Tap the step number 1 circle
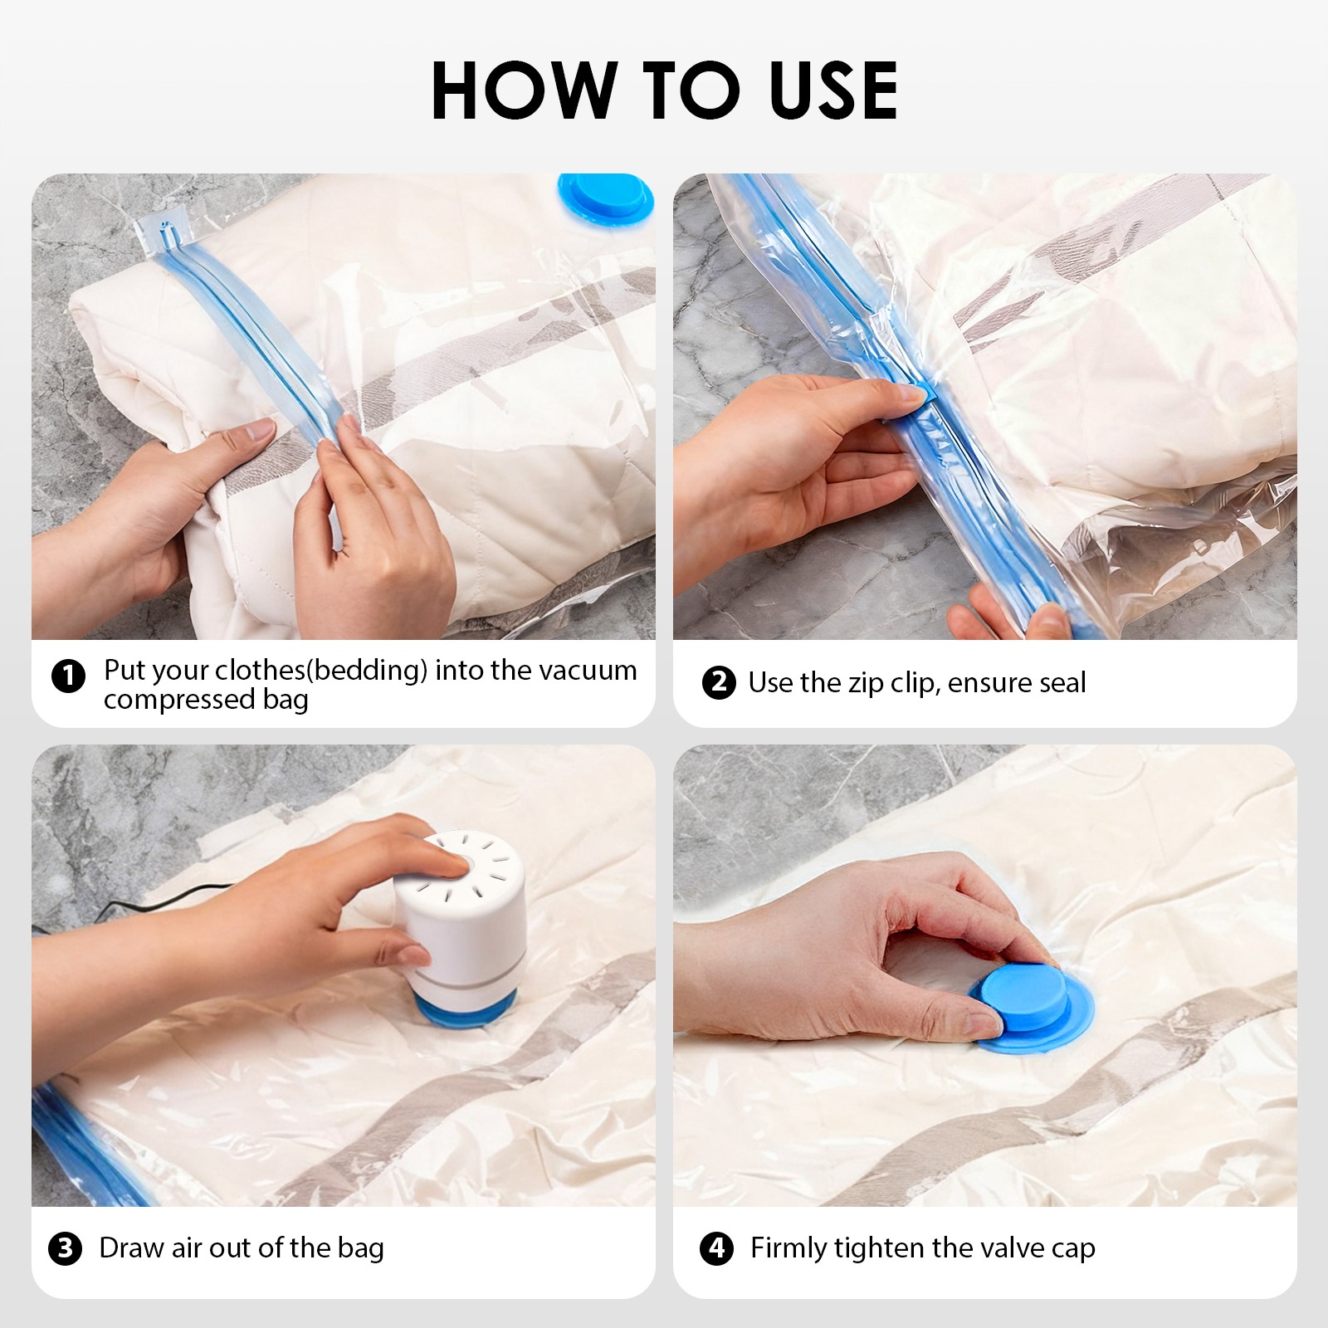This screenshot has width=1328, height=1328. [x=68, y=676]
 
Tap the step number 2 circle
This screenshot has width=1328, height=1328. [x=718, y=683]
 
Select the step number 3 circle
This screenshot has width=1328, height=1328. [x=65, y=1248]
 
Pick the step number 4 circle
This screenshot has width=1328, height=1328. [x=716, y=1248]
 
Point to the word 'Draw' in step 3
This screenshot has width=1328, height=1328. [x=131, y=1248]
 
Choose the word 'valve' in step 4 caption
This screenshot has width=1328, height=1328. [x=989, y=1248]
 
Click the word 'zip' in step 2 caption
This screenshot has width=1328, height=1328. [x=866, y=683]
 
